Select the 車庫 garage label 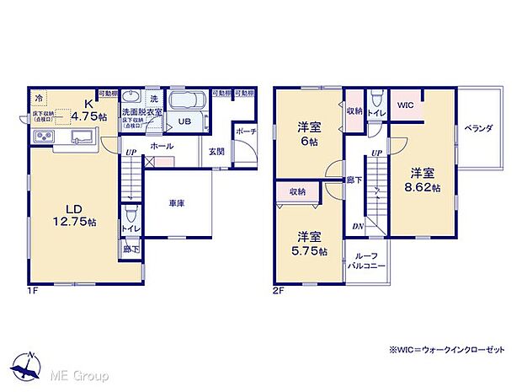(176, 202)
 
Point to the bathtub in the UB (188, 102)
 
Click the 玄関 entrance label (216, 151)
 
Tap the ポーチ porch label (246, 132)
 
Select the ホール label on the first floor (162, 146)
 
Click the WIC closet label (406, 105)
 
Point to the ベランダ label (477, 129)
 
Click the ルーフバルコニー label (365, 260)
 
